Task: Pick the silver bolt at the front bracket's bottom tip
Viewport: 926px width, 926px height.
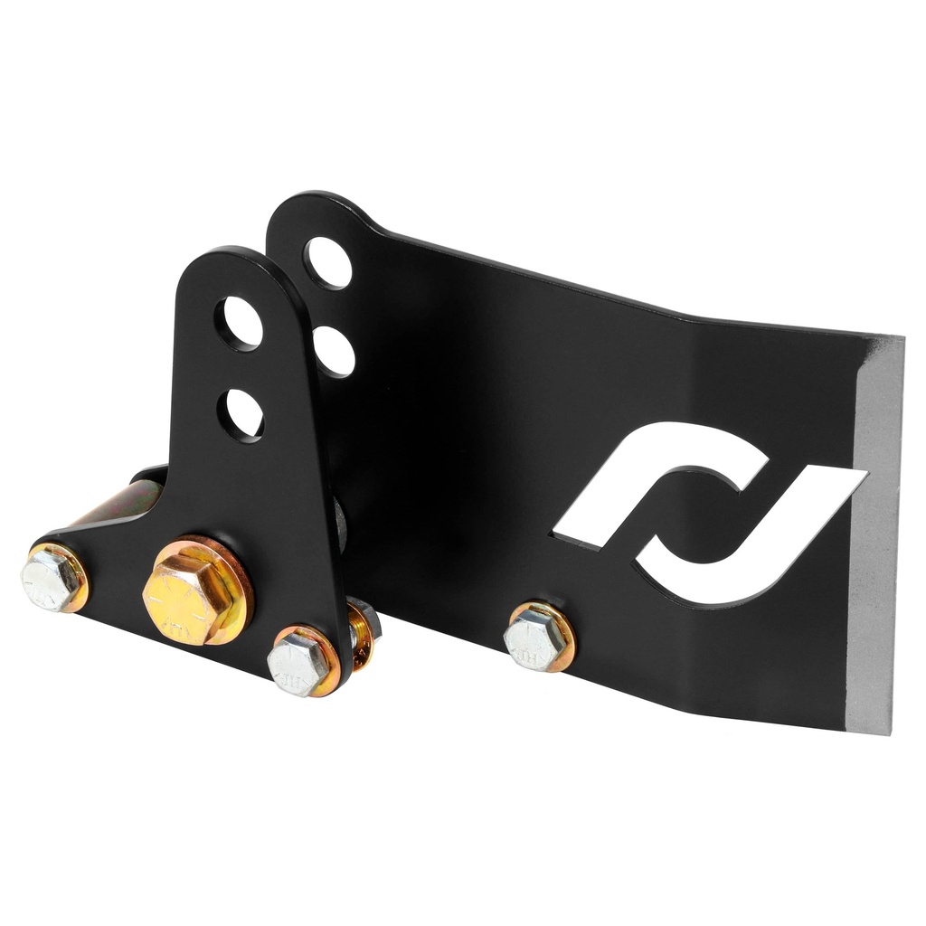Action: coord(298,664)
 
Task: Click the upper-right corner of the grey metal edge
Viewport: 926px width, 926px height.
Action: coord(899,340)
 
